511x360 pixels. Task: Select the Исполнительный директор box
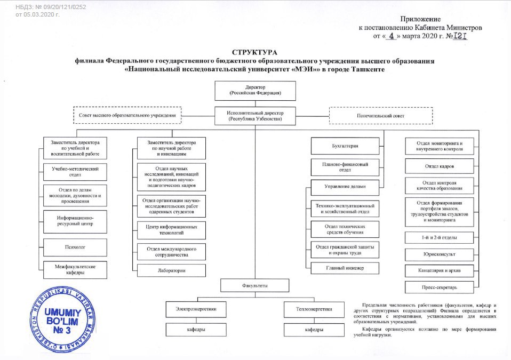pos(255,116)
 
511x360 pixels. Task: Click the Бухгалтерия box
pos(346,146)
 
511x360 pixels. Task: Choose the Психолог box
pos(75,247)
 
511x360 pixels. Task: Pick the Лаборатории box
pos(171,270)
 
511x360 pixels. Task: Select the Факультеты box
pos(255,286)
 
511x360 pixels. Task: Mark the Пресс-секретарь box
pos(439,289)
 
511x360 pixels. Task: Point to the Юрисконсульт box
pos(439,254)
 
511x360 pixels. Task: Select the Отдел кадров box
pos(439,166)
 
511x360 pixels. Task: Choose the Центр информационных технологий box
pos(171,230)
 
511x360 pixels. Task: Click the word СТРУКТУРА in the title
pos(255,52)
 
